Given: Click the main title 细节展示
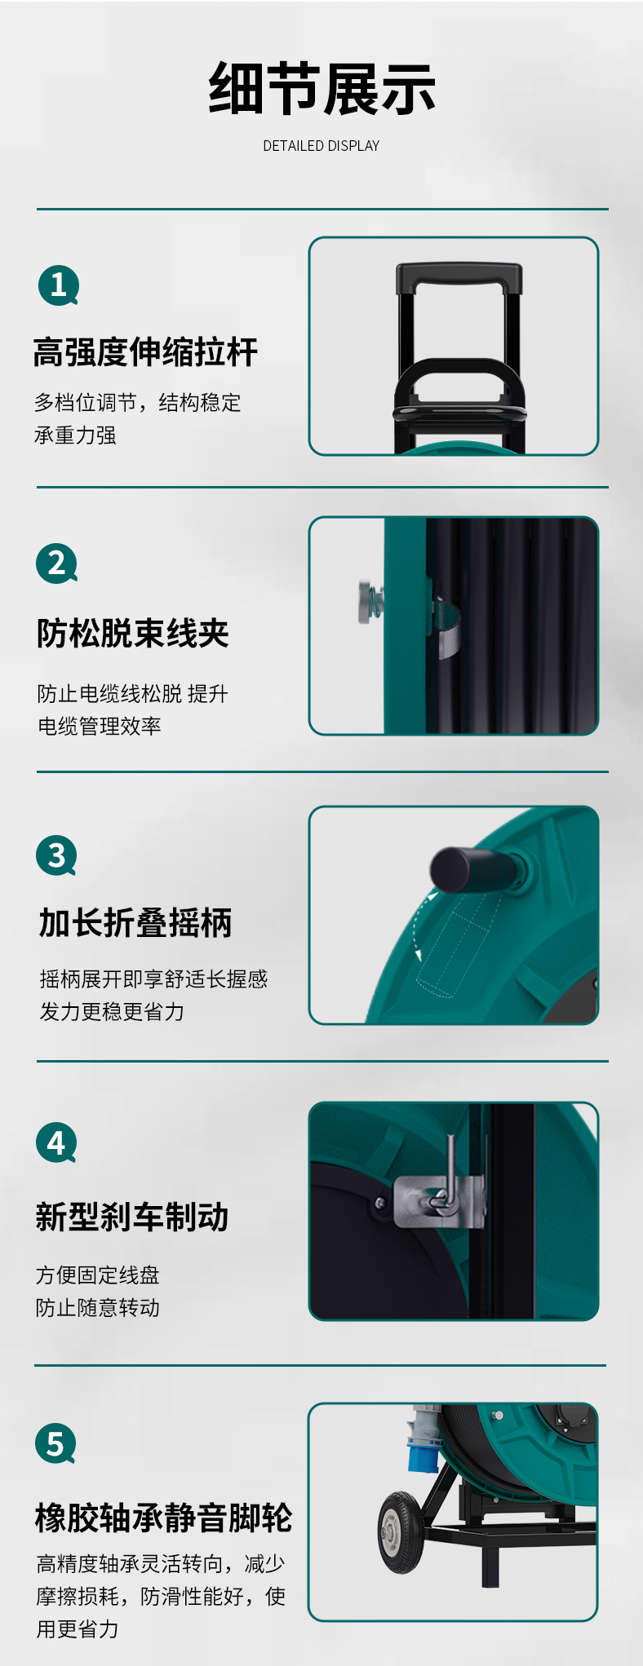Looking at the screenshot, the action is tap(321, 89).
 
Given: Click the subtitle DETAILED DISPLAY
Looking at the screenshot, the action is tap(321, 146).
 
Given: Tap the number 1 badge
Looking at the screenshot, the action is tap(58, 285).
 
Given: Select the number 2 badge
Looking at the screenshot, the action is tap(56, 563).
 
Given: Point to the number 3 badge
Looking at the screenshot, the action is tap(56, 855).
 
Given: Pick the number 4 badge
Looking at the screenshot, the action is tap(56, 1143).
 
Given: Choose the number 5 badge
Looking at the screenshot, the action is tap(55, 1443).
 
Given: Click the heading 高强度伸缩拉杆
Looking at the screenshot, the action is tap(146, 352).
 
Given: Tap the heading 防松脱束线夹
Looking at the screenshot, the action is tap(133, 633).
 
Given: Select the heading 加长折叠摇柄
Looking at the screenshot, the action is tap(135, 923).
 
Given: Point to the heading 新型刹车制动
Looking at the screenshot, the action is tap(132, 1217).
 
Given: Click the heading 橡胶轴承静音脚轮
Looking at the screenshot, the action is tap(163, 1518).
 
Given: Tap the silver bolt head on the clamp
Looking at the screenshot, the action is tap(364, 602).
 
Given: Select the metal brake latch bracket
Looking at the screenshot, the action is tap(439, 1199).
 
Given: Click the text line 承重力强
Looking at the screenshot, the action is tap(75, 435).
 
